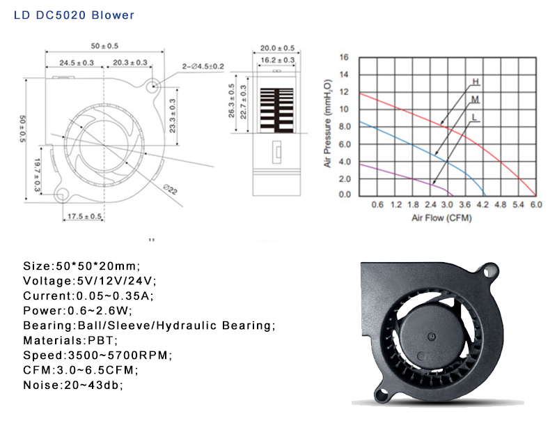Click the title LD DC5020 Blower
(74, 15)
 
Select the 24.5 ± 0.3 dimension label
(77, 63)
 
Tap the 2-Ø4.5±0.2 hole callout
(203, 66)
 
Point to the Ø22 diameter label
(170, 189)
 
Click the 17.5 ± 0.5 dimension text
(84, 216)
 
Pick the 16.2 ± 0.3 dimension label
(277, 60)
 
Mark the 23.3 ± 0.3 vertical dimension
(172, 116)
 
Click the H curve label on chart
(476, 82)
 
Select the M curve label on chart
(475, 100)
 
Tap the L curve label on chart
(475, 117)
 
